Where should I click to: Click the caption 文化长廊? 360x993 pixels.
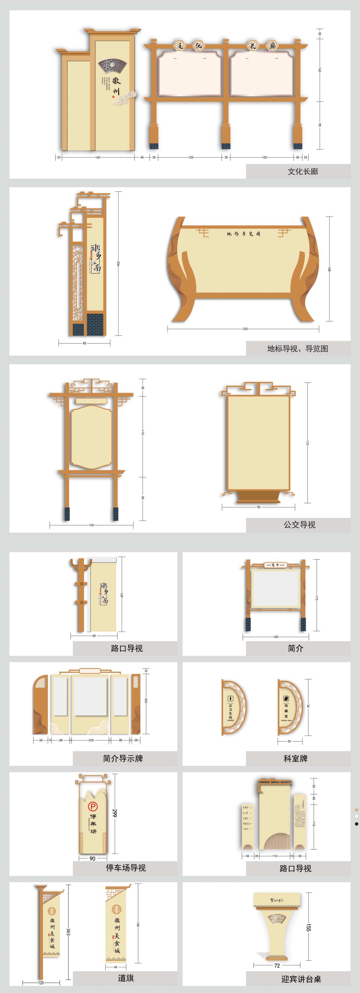coord(303,171)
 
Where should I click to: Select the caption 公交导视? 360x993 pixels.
coord(299,525)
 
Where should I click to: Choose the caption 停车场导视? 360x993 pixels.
coord(126,868)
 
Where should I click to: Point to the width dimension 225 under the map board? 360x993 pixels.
coord(245,329)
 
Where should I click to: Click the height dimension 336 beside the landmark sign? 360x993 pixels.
coord(118,264)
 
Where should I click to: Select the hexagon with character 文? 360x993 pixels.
coord(180,46)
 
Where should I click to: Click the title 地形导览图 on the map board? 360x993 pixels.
coord(244,234)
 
